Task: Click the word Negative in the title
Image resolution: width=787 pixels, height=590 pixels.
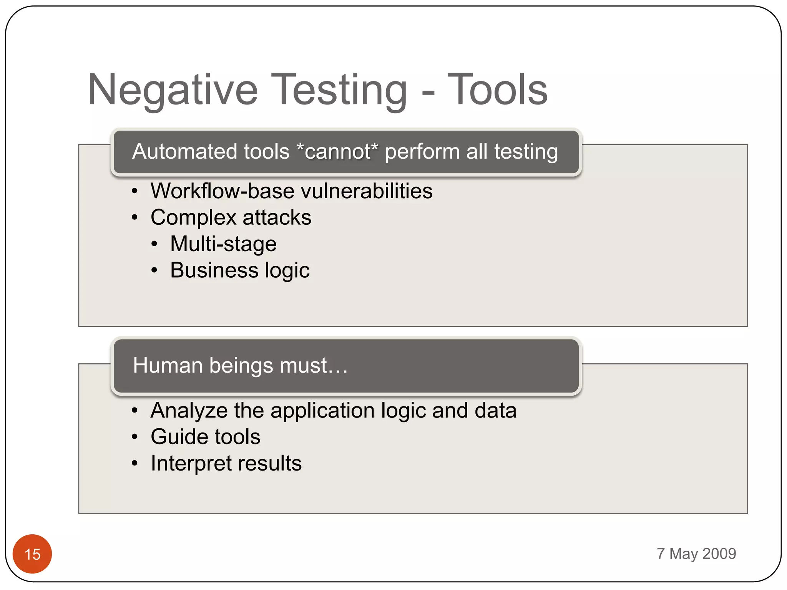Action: coord(173,90)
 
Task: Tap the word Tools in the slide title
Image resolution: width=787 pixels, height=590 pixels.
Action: coord(498,90)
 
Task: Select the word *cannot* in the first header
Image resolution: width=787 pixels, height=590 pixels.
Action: coord(337,151)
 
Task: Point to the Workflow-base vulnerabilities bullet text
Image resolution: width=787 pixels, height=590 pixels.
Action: coord(291,191)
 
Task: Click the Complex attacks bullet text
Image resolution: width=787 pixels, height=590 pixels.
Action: coord(231,217)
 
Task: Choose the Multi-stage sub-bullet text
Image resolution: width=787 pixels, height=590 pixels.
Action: coord(223,244)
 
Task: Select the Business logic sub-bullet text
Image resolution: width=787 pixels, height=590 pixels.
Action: coord(240,270)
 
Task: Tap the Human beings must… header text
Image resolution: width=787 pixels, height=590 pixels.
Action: coord(240,365)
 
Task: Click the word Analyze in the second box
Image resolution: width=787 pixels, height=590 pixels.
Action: coord(189,411)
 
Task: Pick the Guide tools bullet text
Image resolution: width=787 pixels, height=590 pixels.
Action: coord(205,437)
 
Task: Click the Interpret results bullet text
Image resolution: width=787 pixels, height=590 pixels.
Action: coord(226,463)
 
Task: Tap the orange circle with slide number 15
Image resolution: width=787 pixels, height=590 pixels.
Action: coord(32,554)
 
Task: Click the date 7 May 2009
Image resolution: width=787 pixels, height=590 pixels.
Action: coord(696,554)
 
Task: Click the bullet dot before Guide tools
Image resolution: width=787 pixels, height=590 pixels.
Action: coord(134,437)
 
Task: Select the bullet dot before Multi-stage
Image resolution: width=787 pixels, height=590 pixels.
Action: coord(154,244)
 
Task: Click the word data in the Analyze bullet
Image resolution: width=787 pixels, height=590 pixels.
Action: coord(495,411)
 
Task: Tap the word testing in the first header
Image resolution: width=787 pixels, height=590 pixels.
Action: coord(526,151)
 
